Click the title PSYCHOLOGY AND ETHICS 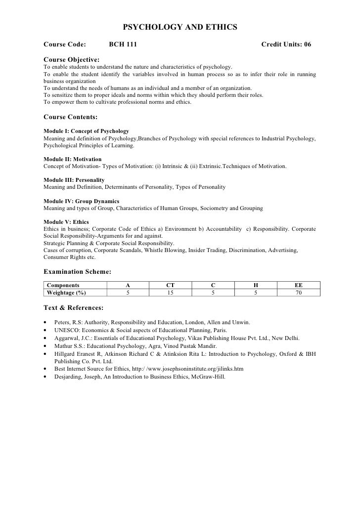click(180, 26)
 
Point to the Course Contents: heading click(70, 118)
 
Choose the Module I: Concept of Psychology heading click(86, 131)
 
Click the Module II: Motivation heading click(72, 159)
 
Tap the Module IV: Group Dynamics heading click(81, 201)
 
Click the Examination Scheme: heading click(77, 271)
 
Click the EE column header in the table click(299, 285)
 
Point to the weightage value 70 click(299, 293)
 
